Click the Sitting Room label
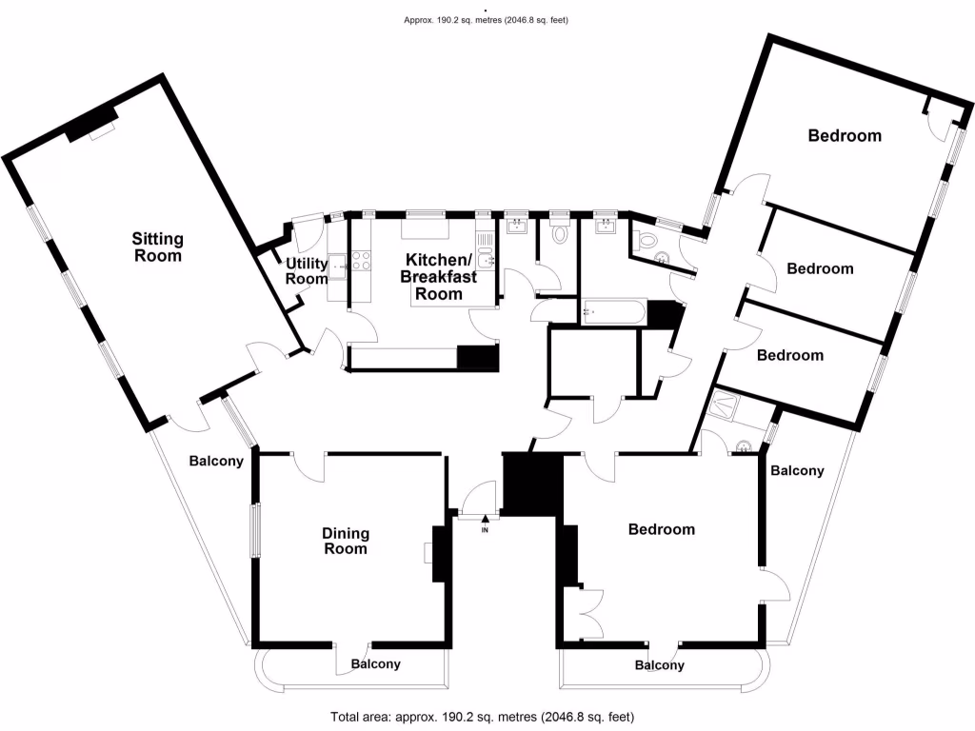pos(157,247)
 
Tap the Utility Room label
pos(307,271)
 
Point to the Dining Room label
pos(346,542)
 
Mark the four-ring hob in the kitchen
pos(362,260)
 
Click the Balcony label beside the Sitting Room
pos(216,461)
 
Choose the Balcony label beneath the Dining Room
pos(375,664)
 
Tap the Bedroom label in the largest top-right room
pos(845,135)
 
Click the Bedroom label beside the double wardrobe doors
pos(662,529)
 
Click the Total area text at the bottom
pos(482,717)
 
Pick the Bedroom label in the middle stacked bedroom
pos(820,268)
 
